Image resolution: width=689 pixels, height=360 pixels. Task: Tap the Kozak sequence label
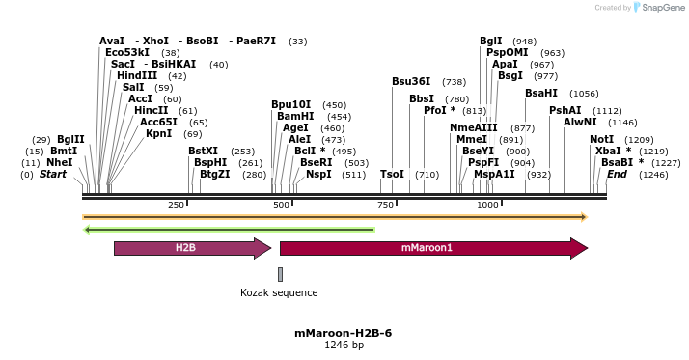279,292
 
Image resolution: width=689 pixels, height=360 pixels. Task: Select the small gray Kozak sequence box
280,274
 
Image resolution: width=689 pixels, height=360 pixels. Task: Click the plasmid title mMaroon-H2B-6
344,333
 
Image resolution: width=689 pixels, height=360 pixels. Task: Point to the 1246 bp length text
344,345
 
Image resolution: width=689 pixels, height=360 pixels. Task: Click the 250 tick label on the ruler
176,205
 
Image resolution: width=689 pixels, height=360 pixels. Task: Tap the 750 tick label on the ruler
385,205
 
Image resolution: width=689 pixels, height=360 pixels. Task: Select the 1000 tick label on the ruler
487,205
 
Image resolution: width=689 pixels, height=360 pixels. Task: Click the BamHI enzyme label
294,116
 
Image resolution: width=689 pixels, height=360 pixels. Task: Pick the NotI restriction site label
601,139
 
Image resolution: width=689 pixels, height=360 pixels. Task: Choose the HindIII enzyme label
137,75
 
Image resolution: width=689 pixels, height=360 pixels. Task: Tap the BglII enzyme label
70,139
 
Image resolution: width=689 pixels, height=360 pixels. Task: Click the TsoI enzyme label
392,174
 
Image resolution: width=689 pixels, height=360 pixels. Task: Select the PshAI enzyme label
565,110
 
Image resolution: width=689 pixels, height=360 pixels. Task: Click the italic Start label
52,174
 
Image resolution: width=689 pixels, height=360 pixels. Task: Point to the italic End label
617,174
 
